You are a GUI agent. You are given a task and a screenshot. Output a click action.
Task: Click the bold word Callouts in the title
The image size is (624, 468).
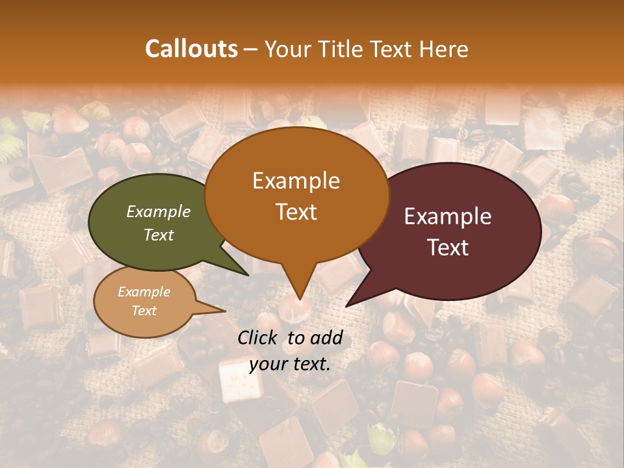tap(191, 49)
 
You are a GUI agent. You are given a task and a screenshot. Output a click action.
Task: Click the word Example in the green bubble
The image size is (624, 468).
tap(159, 211)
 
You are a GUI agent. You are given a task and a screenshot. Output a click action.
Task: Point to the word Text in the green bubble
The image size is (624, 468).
tap(159, 235)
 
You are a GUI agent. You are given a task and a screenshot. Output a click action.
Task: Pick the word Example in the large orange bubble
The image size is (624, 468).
tap(296, 181)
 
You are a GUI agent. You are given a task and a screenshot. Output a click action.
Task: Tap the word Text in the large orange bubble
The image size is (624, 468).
tap(296, 211)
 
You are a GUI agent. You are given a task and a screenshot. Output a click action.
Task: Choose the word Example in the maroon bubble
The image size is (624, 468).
tap(448, 216)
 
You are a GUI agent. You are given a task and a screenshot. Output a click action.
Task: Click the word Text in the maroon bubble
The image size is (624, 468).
tap(448, 247)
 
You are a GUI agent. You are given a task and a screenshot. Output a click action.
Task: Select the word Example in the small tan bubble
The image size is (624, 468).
tap(144, 292)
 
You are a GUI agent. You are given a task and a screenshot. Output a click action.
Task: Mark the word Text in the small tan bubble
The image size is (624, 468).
tap(144, 311)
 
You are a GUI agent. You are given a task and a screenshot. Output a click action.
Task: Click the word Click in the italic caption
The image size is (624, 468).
tap(259, 337)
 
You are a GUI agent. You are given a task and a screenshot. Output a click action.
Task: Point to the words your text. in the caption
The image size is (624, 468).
tap(290, 364)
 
